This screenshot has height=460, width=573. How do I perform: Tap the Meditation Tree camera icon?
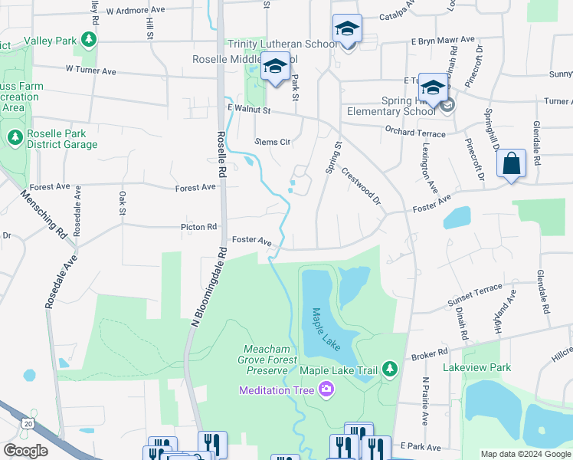point(326,389)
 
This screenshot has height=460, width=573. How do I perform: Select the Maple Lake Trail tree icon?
point(390,370)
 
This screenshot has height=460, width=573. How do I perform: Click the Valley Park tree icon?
point(90,39)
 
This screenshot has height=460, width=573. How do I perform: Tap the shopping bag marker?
point(511,164)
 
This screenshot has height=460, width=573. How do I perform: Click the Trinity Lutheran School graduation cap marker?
point(347,30)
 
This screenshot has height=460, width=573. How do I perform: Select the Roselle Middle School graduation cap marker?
point(275,67)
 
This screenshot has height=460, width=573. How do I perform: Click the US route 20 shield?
point(29,422)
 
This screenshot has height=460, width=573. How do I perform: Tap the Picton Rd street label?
point(198,227)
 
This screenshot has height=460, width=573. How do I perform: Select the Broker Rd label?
point(429,353)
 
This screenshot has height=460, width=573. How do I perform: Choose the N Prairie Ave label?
point(425,401)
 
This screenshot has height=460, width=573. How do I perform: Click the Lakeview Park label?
point(476,368)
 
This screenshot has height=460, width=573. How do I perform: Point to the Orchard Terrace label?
point(414,132)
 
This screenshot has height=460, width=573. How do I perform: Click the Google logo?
point(26,451)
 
